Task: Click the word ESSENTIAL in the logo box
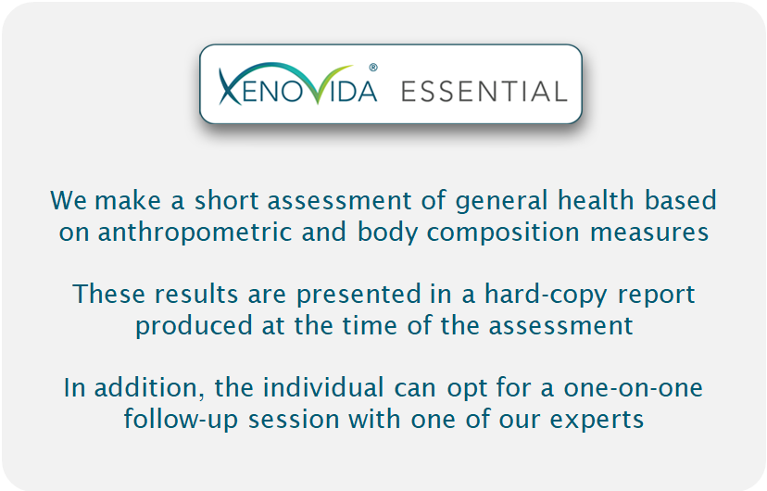tap(484, 92)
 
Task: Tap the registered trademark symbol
tap(373, 68)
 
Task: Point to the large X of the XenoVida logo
tap(230, 87)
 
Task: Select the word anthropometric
tap(195, 233)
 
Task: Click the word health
tap(596, 200)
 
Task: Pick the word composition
tap(503, 233)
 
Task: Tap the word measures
tap(649, 233)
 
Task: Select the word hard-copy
tap(546, 295)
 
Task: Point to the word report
tap(656, 296)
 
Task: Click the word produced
tap(194, 326)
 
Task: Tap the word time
tap(370, 326)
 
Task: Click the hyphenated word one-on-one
tap(633, 388)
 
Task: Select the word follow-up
tap(181, 420)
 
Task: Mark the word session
tap(293, 420)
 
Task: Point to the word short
tap(226, 200)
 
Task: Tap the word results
tap(196, 295)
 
